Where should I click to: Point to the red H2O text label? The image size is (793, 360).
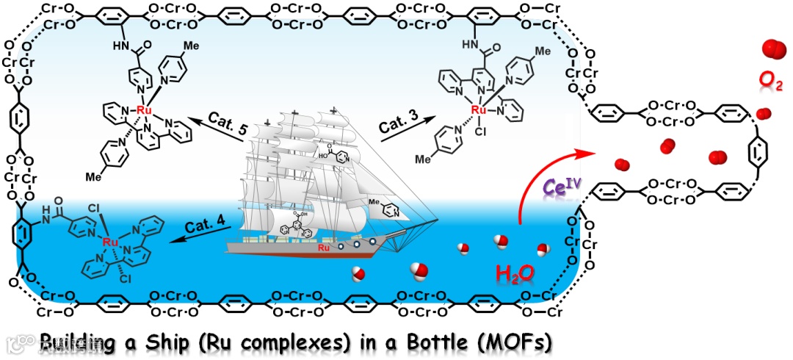pos(515,274)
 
